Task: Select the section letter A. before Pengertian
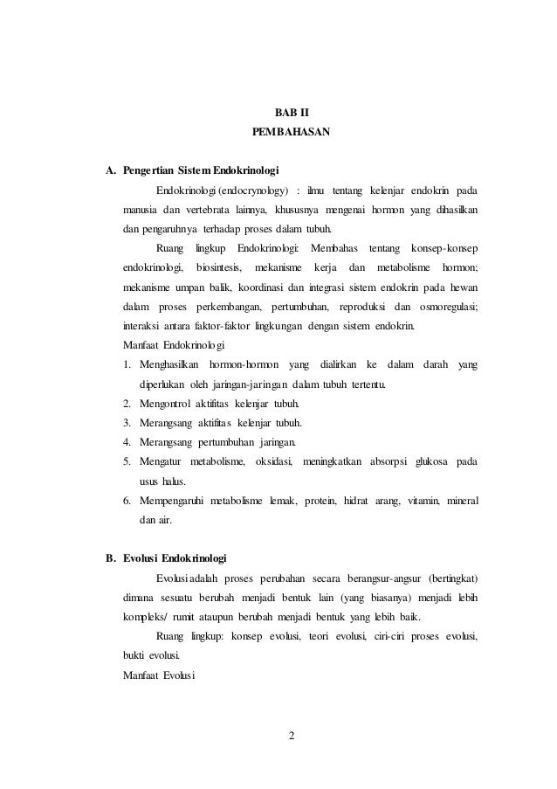pyautogui.click(x=111, y=170)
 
